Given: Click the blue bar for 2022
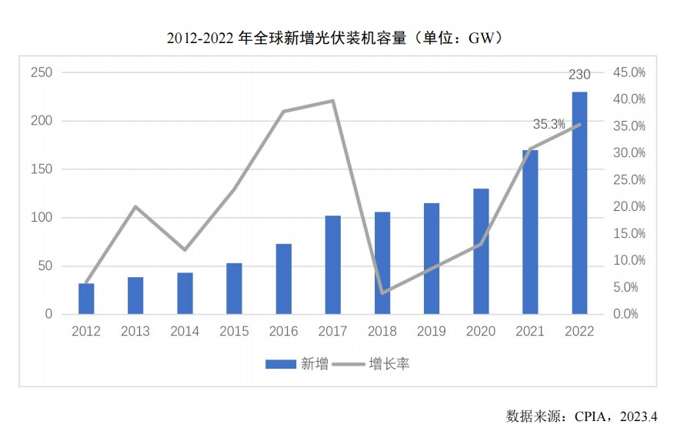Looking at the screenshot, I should (x=579, y=203).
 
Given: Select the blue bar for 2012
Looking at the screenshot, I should (x=86, y=299).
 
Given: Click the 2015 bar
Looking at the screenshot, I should (x=234, y=289).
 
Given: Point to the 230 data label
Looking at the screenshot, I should (x=579, y=75).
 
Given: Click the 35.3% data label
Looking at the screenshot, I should (x=549, y=124).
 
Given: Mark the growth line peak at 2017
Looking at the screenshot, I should (x=333, y=101).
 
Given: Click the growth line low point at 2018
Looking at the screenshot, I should (x=382, y=293).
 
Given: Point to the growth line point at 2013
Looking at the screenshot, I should (x=135, y=206).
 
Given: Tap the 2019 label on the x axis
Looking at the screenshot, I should (x=431, y=331).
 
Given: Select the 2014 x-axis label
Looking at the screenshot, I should (x=185, y=331).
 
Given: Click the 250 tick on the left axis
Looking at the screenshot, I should (x=42, y=72).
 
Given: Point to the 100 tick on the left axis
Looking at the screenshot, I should (x=42, y=218).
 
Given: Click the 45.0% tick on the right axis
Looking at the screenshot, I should (x=629, y=72).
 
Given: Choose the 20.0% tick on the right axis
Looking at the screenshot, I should (x=629, y=206).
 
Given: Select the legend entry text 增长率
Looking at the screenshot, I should (x=389, y=364).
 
